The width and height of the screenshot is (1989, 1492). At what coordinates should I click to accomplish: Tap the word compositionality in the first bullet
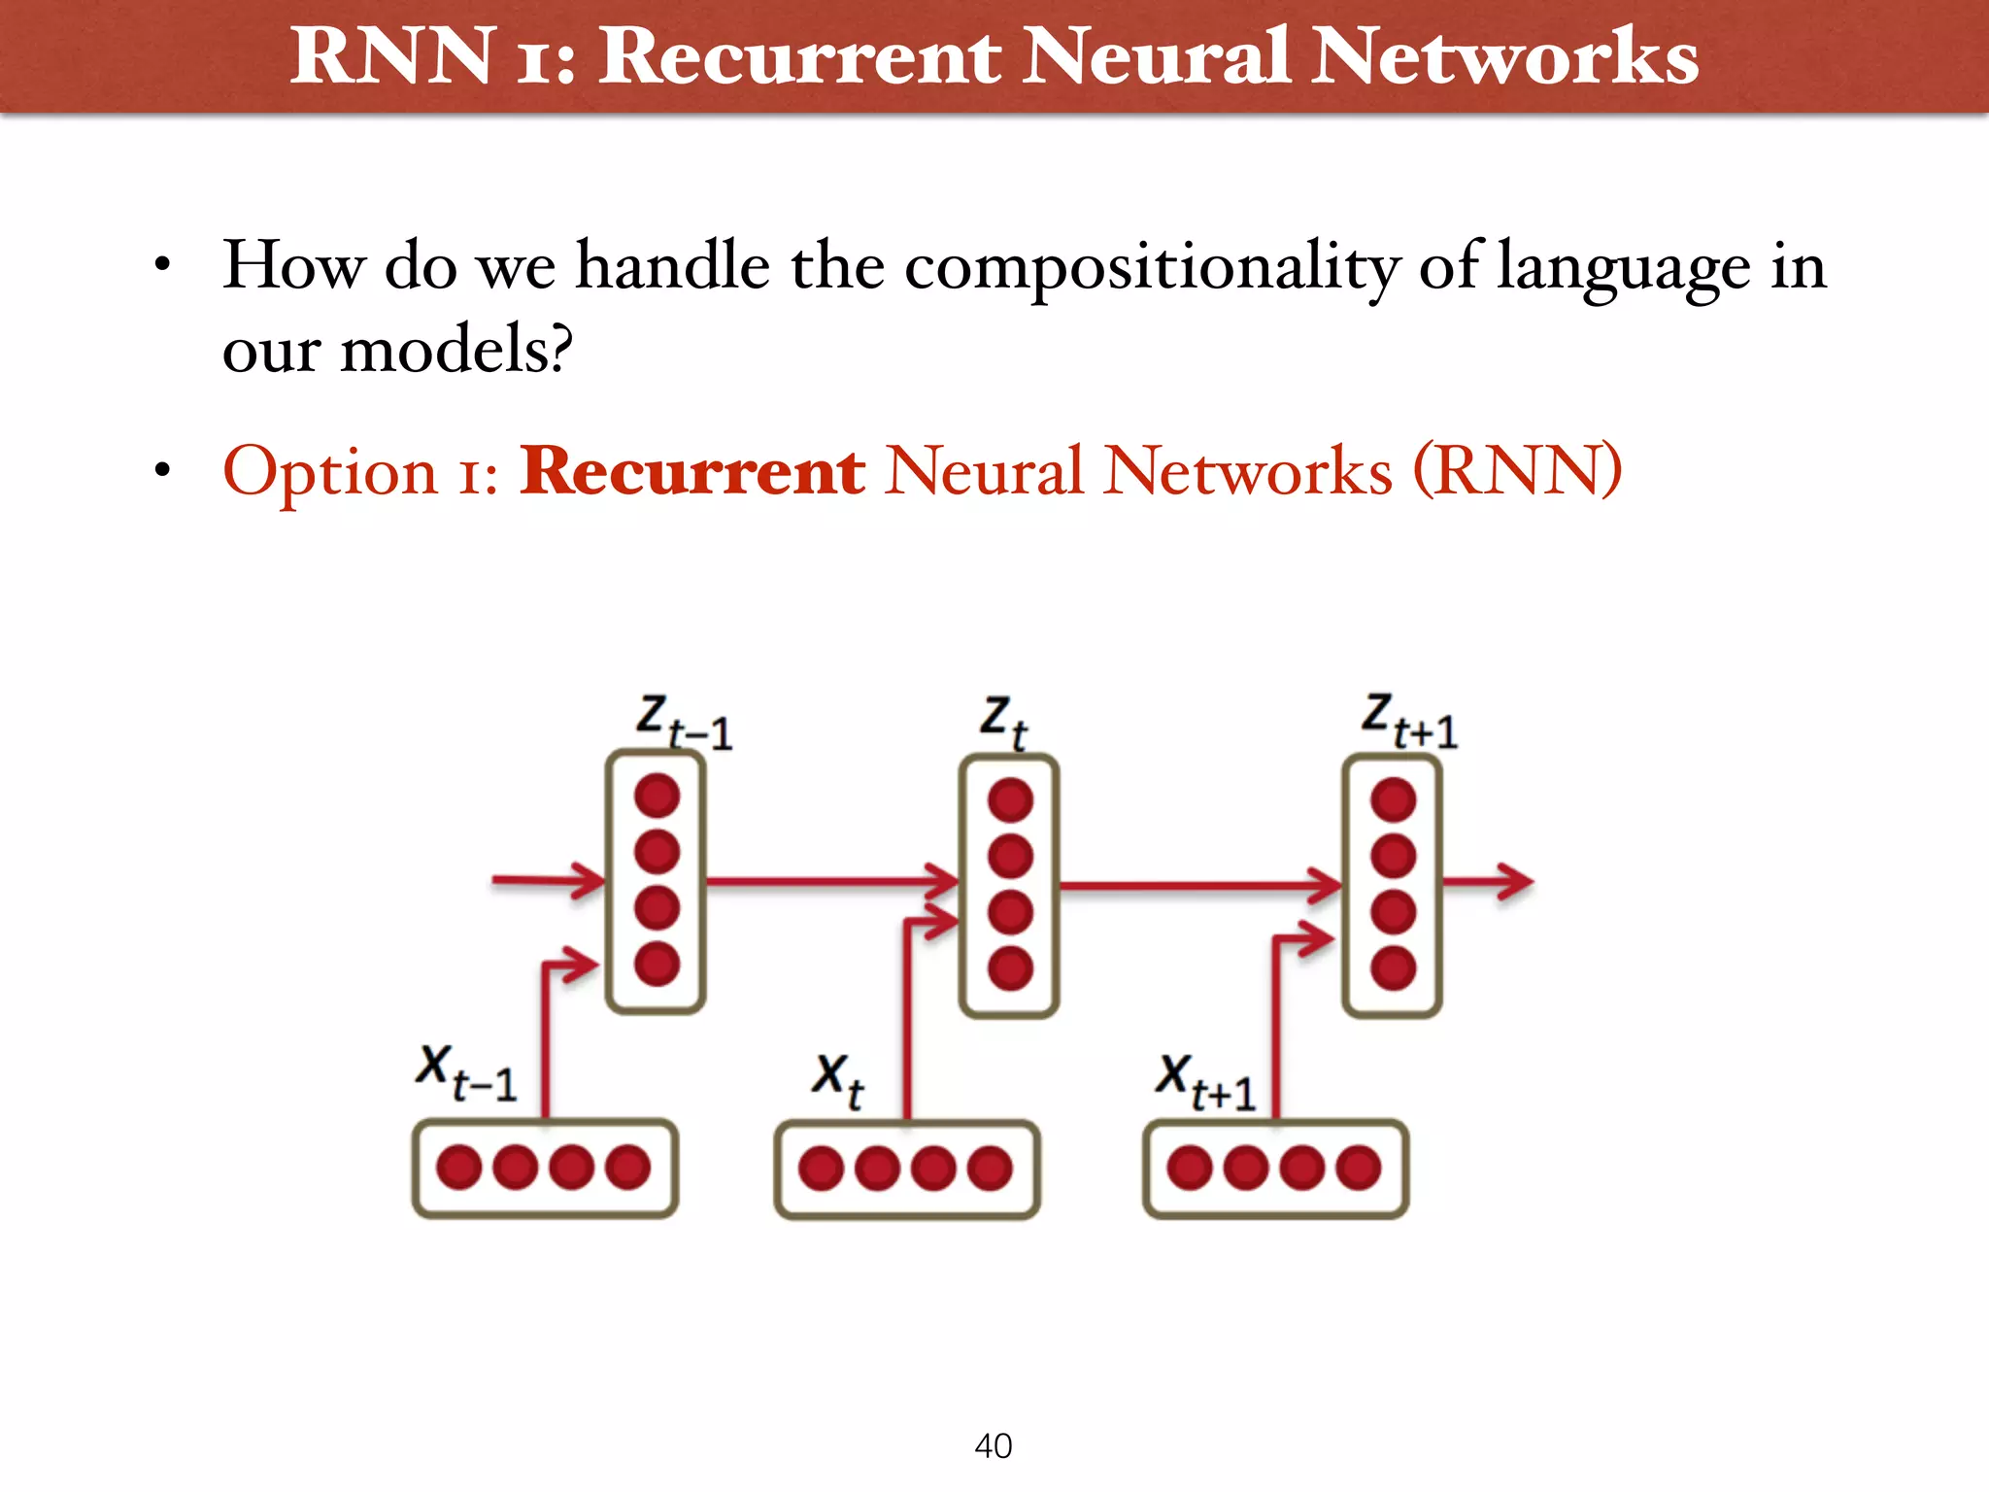click(x=1152, y=266)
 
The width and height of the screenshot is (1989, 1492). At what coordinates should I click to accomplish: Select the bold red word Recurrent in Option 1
click(x=691, y=472)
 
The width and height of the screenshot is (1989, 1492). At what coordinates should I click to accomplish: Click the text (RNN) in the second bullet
click(x=1516, y=472)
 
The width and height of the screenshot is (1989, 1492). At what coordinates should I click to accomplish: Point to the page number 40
click(x=993, y=1445)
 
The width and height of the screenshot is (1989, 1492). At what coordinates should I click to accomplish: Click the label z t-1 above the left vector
click(x=684, y=723)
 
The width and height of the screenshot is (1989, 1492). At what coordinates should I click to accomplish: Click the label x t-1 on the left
click(x=466, y=1072)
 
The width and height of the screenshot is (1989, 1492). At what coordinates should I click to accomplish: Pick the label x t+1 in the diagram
click(x=1205, y=1082)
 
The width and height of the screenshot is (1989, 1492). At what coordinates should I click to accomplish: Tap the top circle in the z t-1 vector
click(x=657, y=796)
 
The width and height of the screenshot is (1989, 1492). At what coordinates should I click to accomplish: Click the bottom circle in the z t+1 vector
click(x=1393, y=967)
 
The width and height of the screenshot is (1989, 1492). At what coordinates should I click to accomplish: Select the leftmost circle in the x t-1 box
click(x=459, y=1167)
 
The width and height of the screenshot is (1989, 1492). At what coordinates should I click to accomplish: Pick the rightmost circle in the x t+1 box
click(x=1358, y=1168)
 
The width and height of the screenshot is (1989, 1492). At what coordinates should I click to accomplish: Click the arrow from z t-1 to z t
click(x=830, y=882)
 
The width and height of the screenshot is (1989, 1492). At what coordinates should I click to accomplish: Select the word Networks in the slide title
click(x=1505, y=56)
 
